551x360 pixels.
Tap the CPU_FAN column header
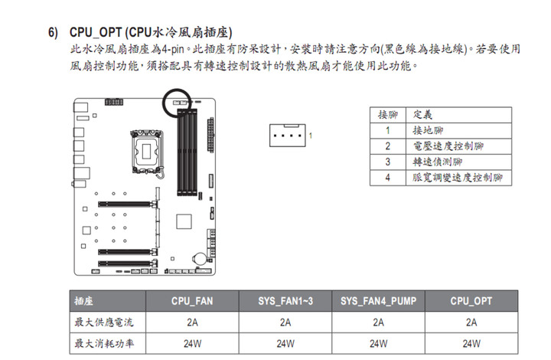192,301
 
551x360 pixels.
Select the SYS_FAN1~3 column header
285,301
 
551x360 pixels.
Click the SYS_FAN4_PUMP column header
379,301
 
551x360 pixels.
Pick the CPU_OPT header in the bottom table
471,301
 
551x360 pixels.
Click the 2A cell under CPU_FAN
192,322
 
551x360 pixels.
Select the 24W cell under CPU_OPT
471,343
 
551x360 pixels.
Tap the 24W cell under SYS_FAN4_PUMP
379,343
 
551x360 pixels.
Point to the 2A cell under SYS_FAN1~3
285,322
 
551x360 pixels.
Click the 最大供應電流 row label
104,322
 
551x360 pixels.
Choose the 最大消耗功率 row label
104,343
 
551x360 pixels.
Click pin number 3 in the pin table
387,162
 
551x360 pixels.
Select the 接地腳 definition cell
428,130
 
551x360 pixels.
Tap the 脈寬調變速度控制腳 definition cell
457,178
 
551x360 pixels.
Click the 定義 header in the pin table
422,115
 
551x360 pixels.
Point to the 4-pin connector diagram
288,136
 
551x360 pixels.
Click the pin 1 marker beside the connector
311,136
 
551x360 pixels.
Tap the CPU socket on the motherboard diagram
147,152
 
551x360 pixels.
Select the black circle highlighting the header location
177,89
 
